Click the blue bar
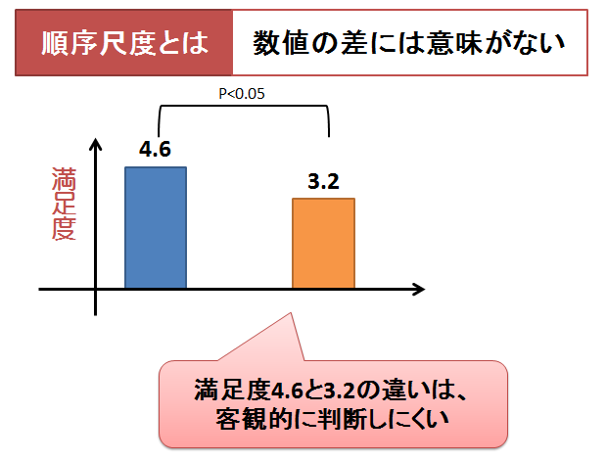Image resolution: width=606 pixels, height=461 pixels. (156, 227)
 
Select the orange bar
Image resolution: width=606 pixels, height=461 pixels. (323, 243)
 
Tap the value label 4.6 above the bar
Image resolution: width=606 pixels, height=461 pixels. (156, 150)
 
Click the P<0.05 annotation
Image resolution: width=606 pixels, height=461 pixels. (242, 94)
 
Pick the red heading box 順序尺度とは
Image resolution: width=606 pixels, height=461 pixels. (124, 44)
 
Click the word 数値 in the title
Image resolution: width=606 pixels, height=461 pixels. (277, 44)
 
